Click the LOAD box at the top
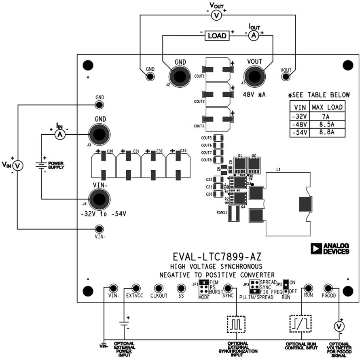click(217, 36)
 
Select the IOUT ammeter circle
click(254, 36)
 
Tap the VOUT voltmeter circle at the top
click(216, 15)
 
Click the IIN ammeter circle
click(60, 134)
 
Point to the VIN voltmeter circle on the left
click(17, 165)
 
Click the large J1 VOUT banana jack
click(254, 76)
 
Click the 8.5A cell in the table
click(327, 124)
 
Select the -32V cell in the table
click(300, 116)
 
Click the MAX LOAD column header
click(327, 107)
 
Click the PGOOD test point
click(328, 288)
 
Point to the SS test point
click(181, 288)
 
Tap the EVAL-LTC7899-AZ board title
click(217, 257)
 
